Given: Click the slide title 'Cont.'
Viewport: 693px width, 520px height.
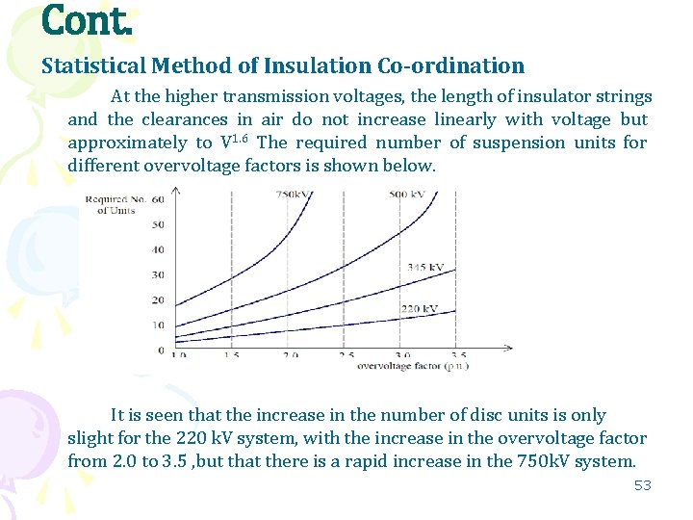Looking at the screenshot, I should tap(87, 21).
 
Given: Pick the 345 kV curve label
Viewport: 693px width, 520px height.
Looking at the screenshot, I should tap(424, 267).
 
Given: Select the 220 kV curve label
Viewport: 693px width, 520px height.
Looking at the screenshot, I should tap(419, 309).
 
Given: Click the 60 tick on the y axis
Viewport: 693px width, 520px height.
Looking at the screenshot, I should tap(159, 200).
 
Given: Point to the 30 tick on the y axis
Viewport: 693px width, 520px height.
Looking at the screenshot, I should tap(159, 275).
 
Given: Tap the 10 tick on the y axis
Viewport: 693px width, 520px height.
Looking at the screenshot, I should tap(159, 325).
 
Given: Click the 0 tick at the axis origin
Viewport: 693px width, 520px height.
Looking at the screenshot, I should tap(161, 350).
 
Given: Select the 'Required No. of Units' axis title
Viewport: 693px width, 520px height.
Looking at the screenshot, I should tap(116, 205).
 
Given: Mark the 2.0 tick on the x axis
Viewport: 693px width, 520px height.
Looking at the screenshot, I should tap(291, 356).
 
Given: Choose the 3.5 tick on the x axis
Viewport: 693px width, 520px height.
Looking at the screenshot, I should tap(459, 356).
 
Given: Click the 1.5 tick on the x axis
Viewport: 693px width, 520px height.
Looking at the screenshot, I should tap(233, 356).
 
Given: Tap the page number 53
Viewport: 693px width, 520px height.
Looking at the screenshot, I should tap(642, 485).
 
